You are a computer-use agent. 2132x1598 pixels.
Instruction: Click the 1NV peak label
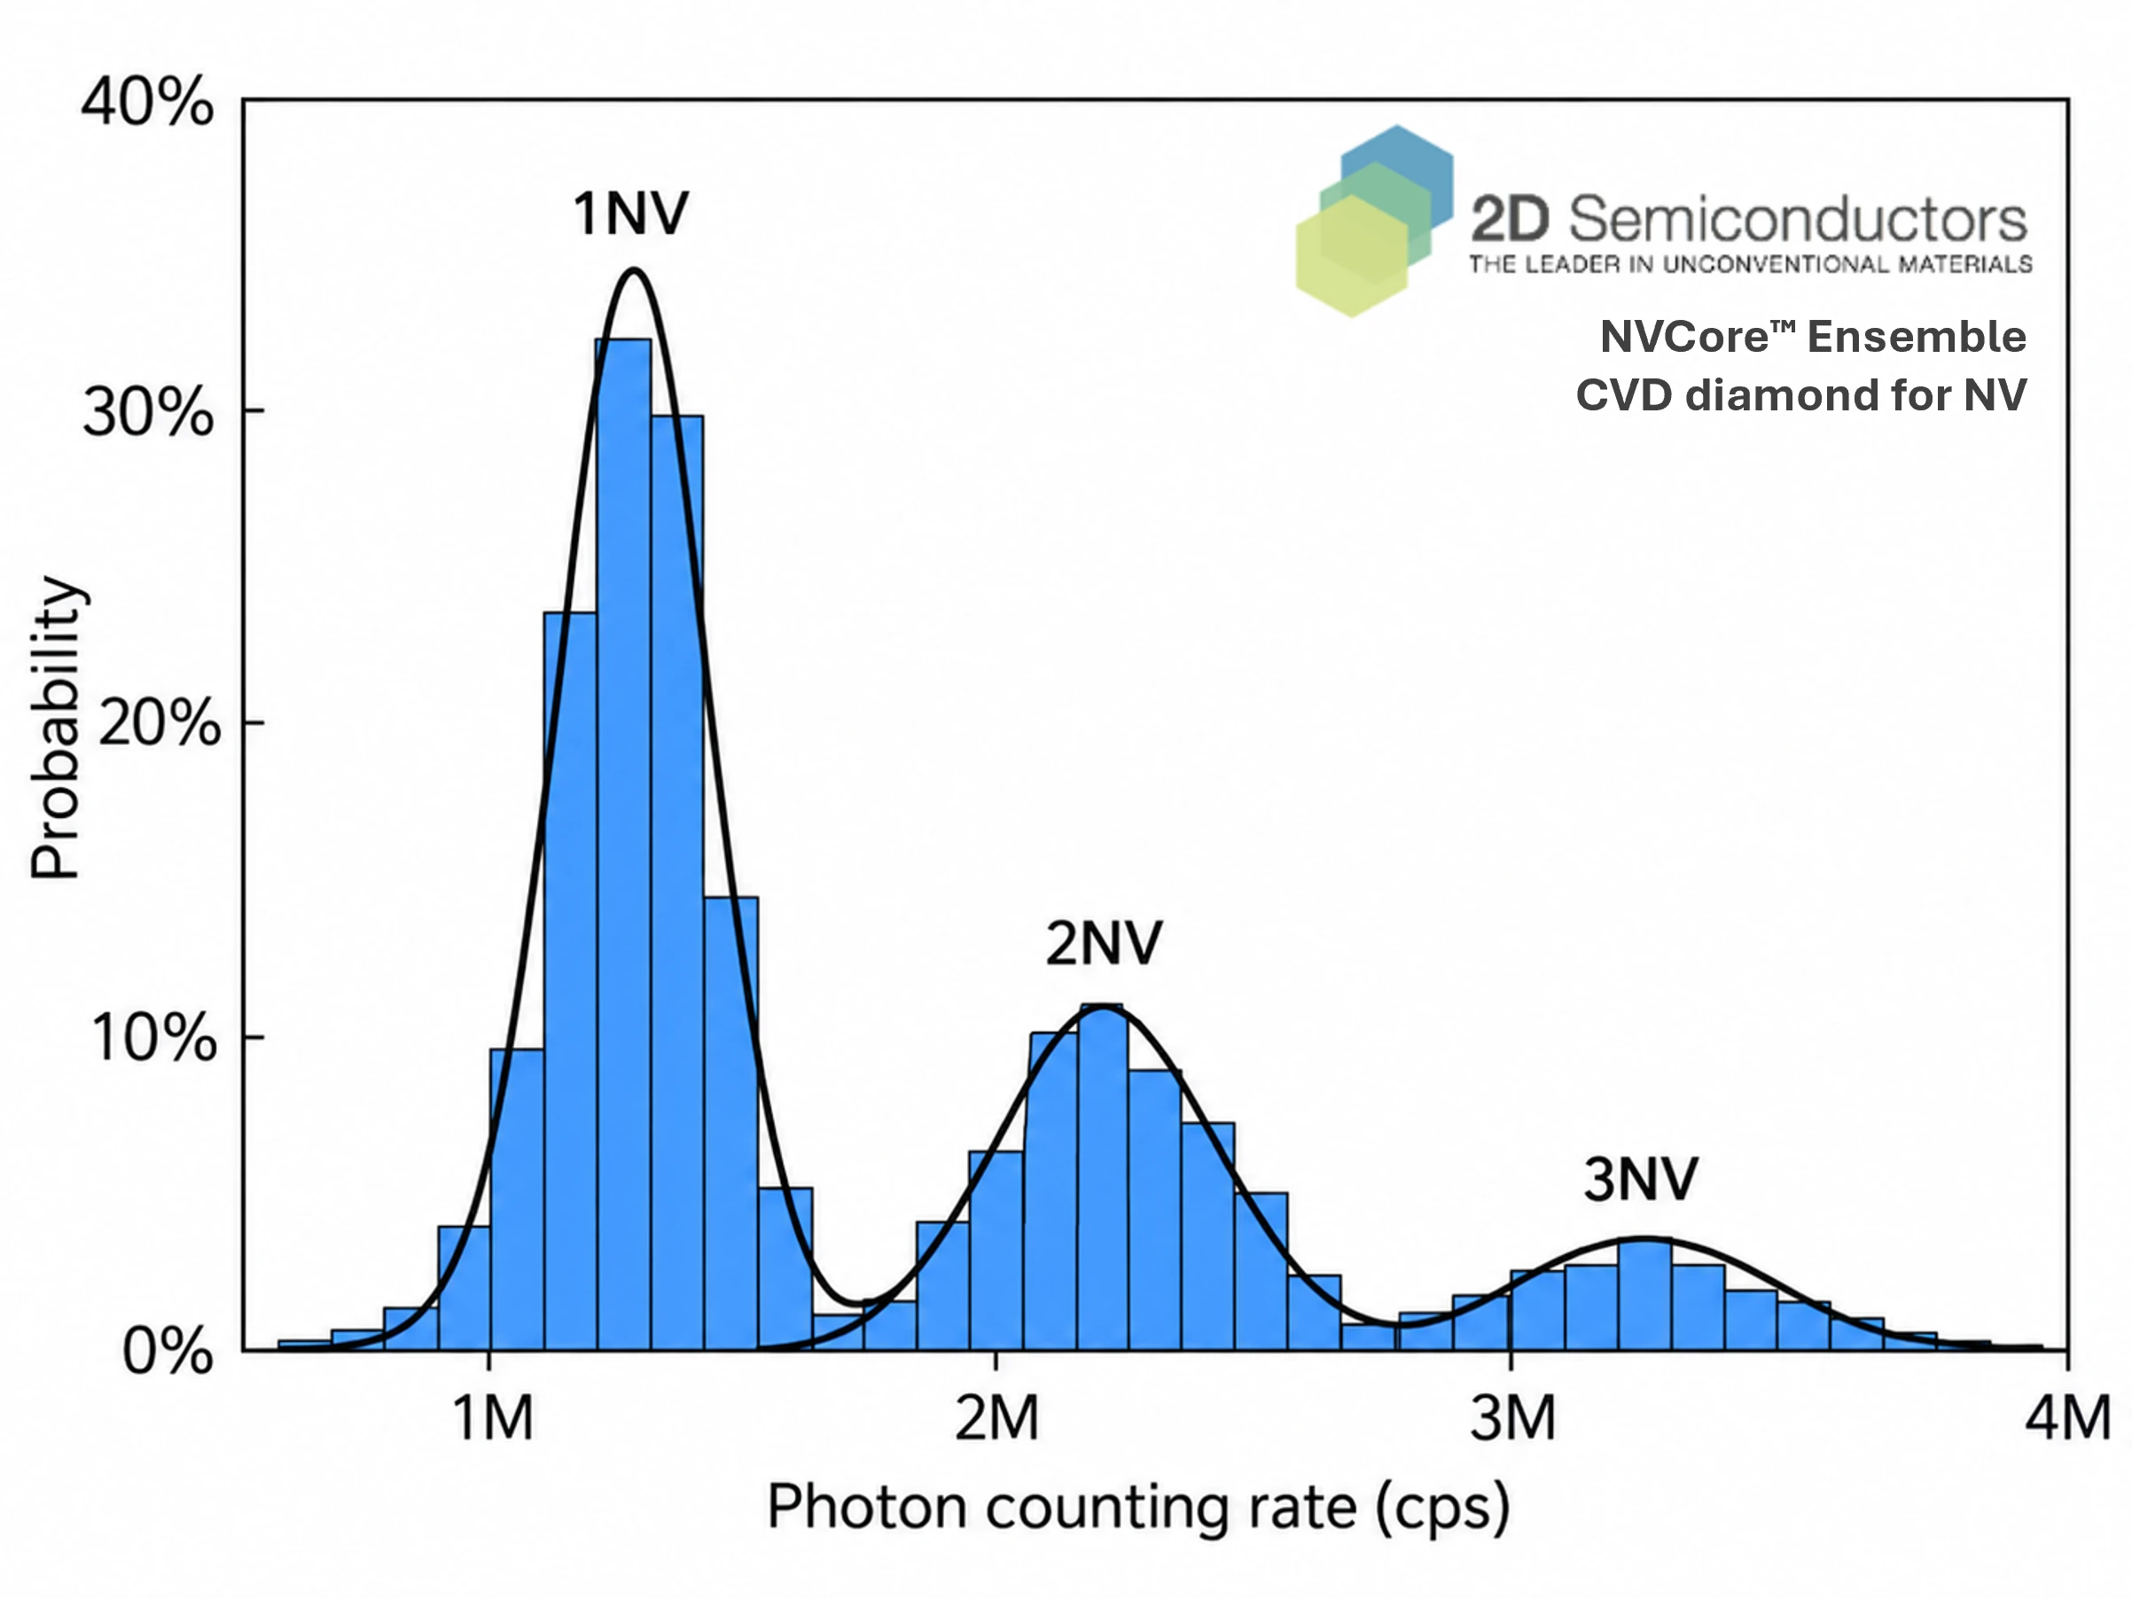click(631, 213)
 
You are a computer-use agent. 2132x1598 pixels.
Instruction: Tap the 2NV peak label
click(1105, 943)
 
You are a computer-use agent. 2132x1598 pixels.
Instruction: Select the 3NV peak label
click(1641, 1179)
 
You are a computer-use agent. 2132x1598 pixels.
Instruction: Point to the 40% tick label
click(147, 102)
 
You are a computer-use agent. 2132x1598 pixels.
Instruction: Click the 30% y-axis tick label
click(147, 414)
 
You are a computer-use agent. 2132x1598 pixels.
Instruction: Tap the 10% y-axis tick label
click(154, 1038)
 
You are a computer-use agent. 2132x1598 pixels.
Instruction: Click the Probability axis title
click(56, 728)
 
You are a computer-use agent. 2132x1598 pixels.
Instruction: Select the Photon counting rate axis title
click(1138, 1508)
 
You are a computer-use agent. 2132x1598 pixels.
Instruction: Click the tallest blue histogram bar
click(623, 844)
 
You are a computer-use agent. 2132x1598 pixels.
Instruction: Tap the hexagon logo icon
click(1374, 221)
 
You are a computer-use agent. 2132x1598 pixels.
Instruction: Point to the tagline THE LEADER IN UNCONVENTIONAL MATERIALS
click(1750, 264)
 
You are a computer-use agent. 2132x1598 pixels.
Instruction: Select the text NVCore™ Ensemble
click(1813, 337)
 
